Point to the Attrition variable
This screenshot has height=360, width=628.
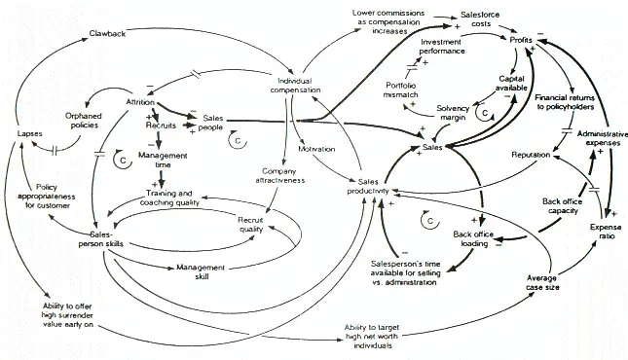coord(142,101)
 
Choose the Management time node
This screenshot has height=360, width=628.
coord(164,160)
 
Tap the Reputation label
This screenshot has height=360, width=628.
coord(531,155)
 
